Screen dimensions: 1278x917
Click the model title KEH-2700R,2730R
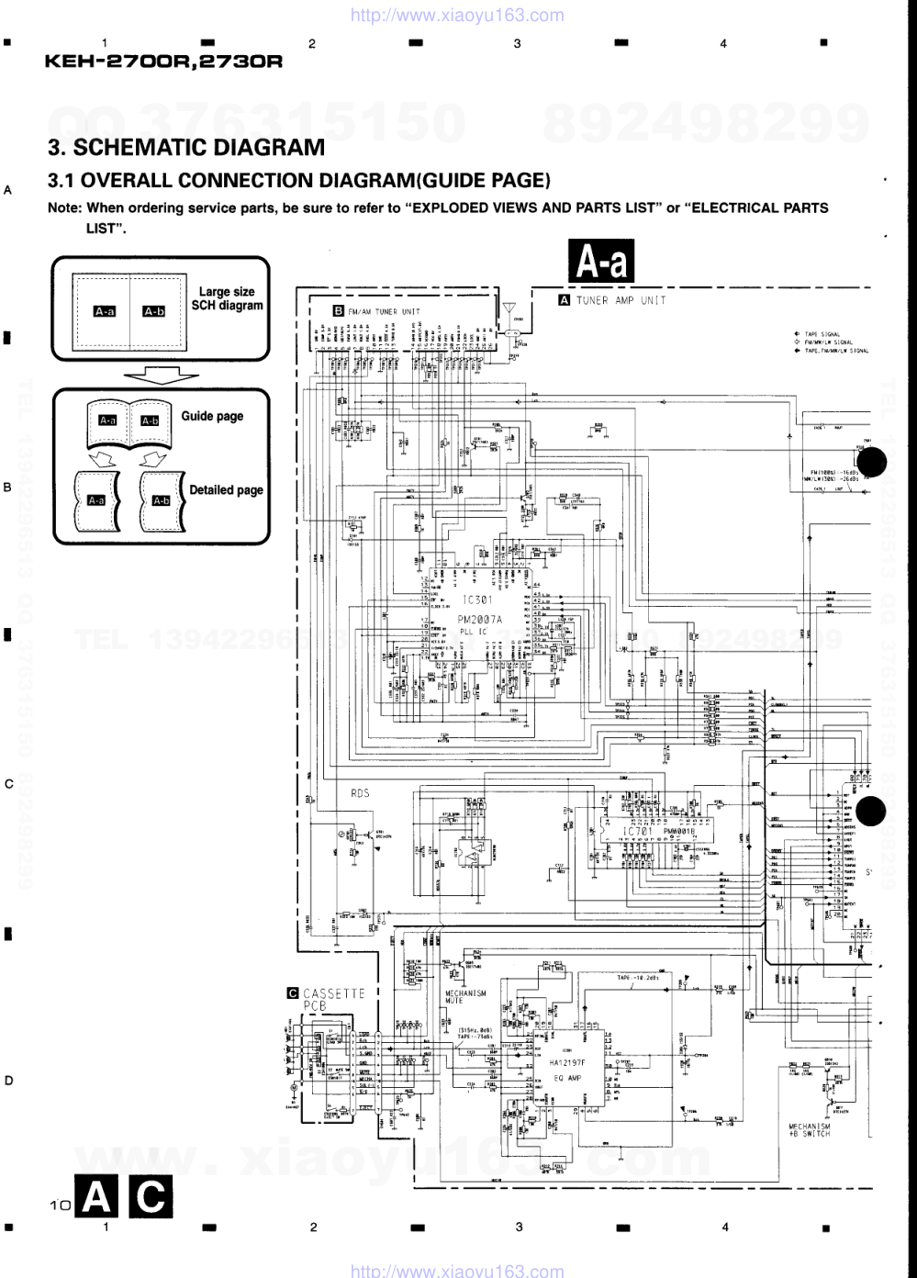pyautogui.click(x=162, y=62)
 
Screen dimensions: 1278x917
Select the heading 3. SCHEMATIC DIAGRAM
pyautogui.click(x=186, y=147)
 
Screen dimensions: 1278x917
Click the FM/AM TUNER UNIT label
pyautogui.click(x=384, y=311)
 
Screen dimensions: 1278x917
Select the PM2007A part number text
pyautogui.click(x=480, y=620)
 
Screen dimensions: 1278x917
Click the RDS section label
pyautogui.click(x=360, y=792)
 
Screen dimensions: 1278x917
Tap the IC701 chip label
pyautogui.click(x=637, y=832)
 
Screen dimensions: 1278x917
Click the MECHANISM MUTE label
pyautogui.click(x=466, y=997)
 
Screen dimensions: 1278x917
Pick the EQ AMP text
pyautogui.click(x=565, y=1078)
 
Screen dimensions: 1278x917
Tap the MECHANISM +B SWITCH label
pyautogui.click(x=809, y=1129)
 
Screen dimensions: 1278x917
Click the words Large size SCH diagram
pyautogui.click(x=227, y=298)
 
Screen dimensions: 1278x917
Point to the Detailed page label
pyautogui.click(x=226, y=490)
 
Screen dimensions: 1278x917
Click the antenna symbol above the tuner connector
pyautogui.click(x=510, y=308)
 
